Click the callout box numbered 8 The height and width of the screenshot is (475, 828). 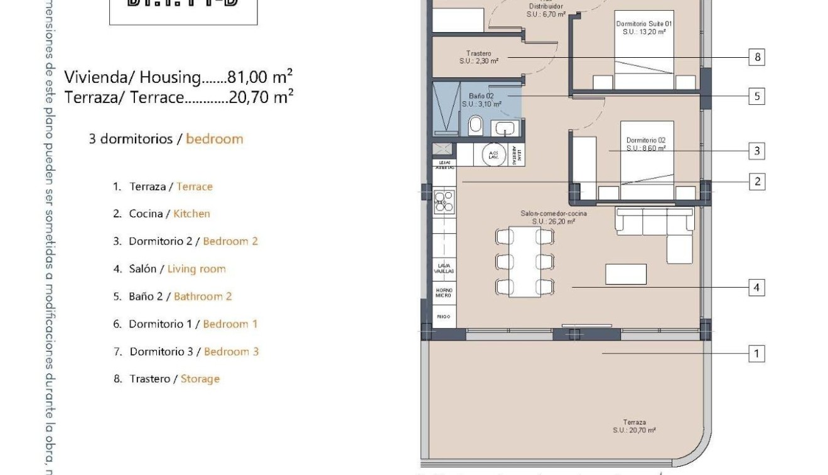(x=757, y=58)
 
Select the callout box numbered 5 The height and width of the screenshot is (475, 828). (x=757, y=97)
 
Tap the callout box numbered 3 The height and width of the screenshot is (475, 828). (x=757, y=151)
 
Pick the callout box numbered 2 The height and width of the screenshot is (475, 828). (x=757, y=182)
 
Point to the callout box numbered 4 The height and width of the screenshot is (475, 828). (x=757, y=288)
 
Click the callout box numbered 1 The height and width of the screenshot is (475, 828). (x=757, y=354)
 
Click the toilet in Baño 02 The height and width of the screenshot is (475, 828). (x=476, y=125)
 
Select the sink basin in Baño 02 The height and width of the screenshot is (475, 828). (x=505, y=129)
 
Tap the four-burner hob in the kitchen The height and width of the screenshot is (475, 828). (x=444, y=201)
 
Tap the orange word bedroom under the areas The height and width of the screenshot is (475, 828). (x=214, y=139)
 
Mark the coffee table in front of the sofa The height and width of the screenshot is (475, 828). (x=625, y=274)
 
